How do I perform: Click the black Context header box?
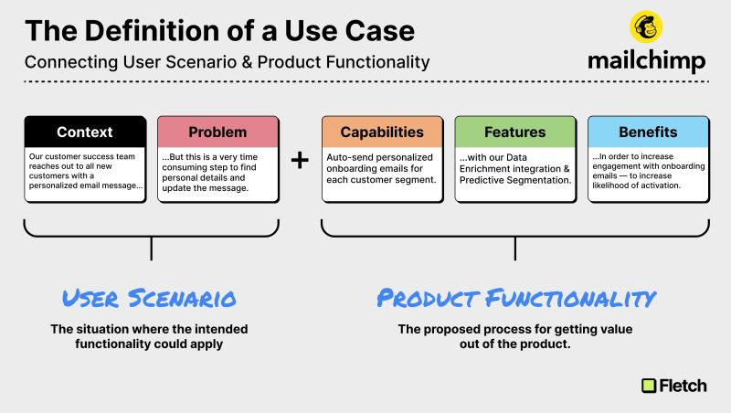pyautogui.click(x=85, y=132)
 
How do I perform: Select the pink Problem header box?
pyautogui.click(x=217, y=132)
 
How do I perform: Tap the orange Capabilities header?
pyautogui.click(x=382, y=132)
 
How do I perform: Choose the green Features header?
pyautogui.click(x=514, y=132)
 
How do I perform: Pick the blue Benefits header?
pyautogui.click(x=647, y=132)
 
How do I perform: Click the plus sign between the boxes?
pyautogui.click(x=300, y=161)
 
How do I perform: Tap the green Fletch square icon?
pyautogui.click(x=650, y=386)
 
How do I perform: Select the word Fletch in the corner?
pyautogui.click(x=683, y=386)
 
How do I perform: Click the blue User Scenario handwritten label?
pyautogui.click(x=149, y=298)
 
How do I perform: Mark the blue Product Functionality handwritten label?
pyautogui.click(x=516, y=298)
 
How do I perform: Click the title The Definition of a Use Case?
pyautogui.click(x=219, y=31)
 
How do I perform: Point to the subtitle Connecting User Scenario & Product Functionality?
pyautogui.click(x=227, y=63)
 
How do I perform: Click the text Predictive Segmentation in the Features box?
pyautogui.click(x=515, y=180)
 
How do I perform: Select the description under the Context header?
pyautogui.click(x=85, y=171)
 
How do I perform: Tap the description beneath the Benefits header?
pyautogui.click(x=647, y=171)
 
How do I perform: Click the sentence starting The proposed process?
pyautogui.click(x=516, y=335)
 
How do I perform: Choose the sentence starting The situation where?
pyautogui.click(x=149, y=335)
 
